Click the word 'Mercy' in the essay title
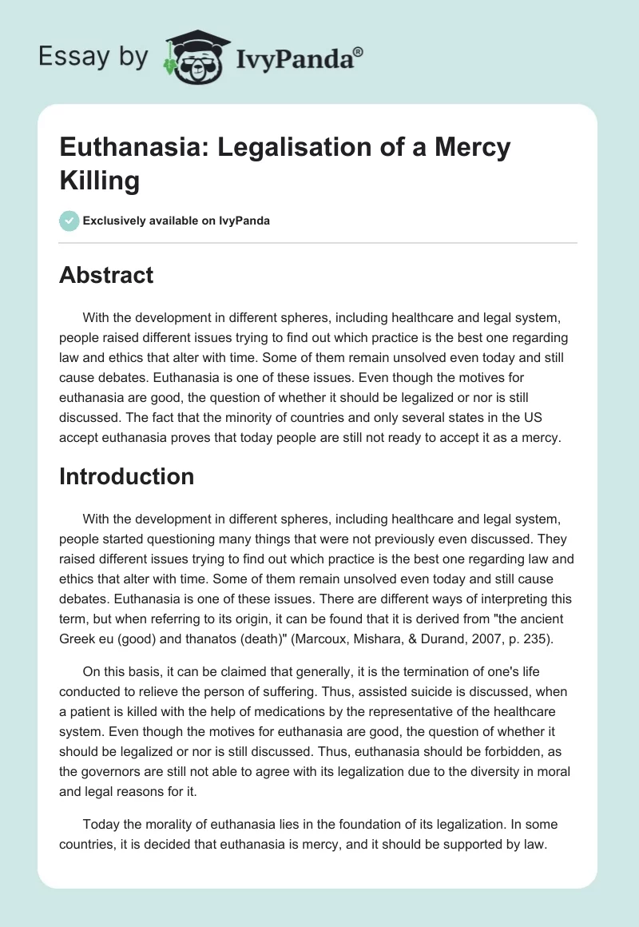point(474,148)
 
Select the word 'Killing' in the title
point(100,180)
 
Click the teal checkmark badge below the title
point(69,221)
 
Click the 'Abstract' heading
point(106,275)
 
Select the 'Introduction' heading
point(127,476)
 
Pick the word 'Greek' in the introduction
point(78,636)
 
